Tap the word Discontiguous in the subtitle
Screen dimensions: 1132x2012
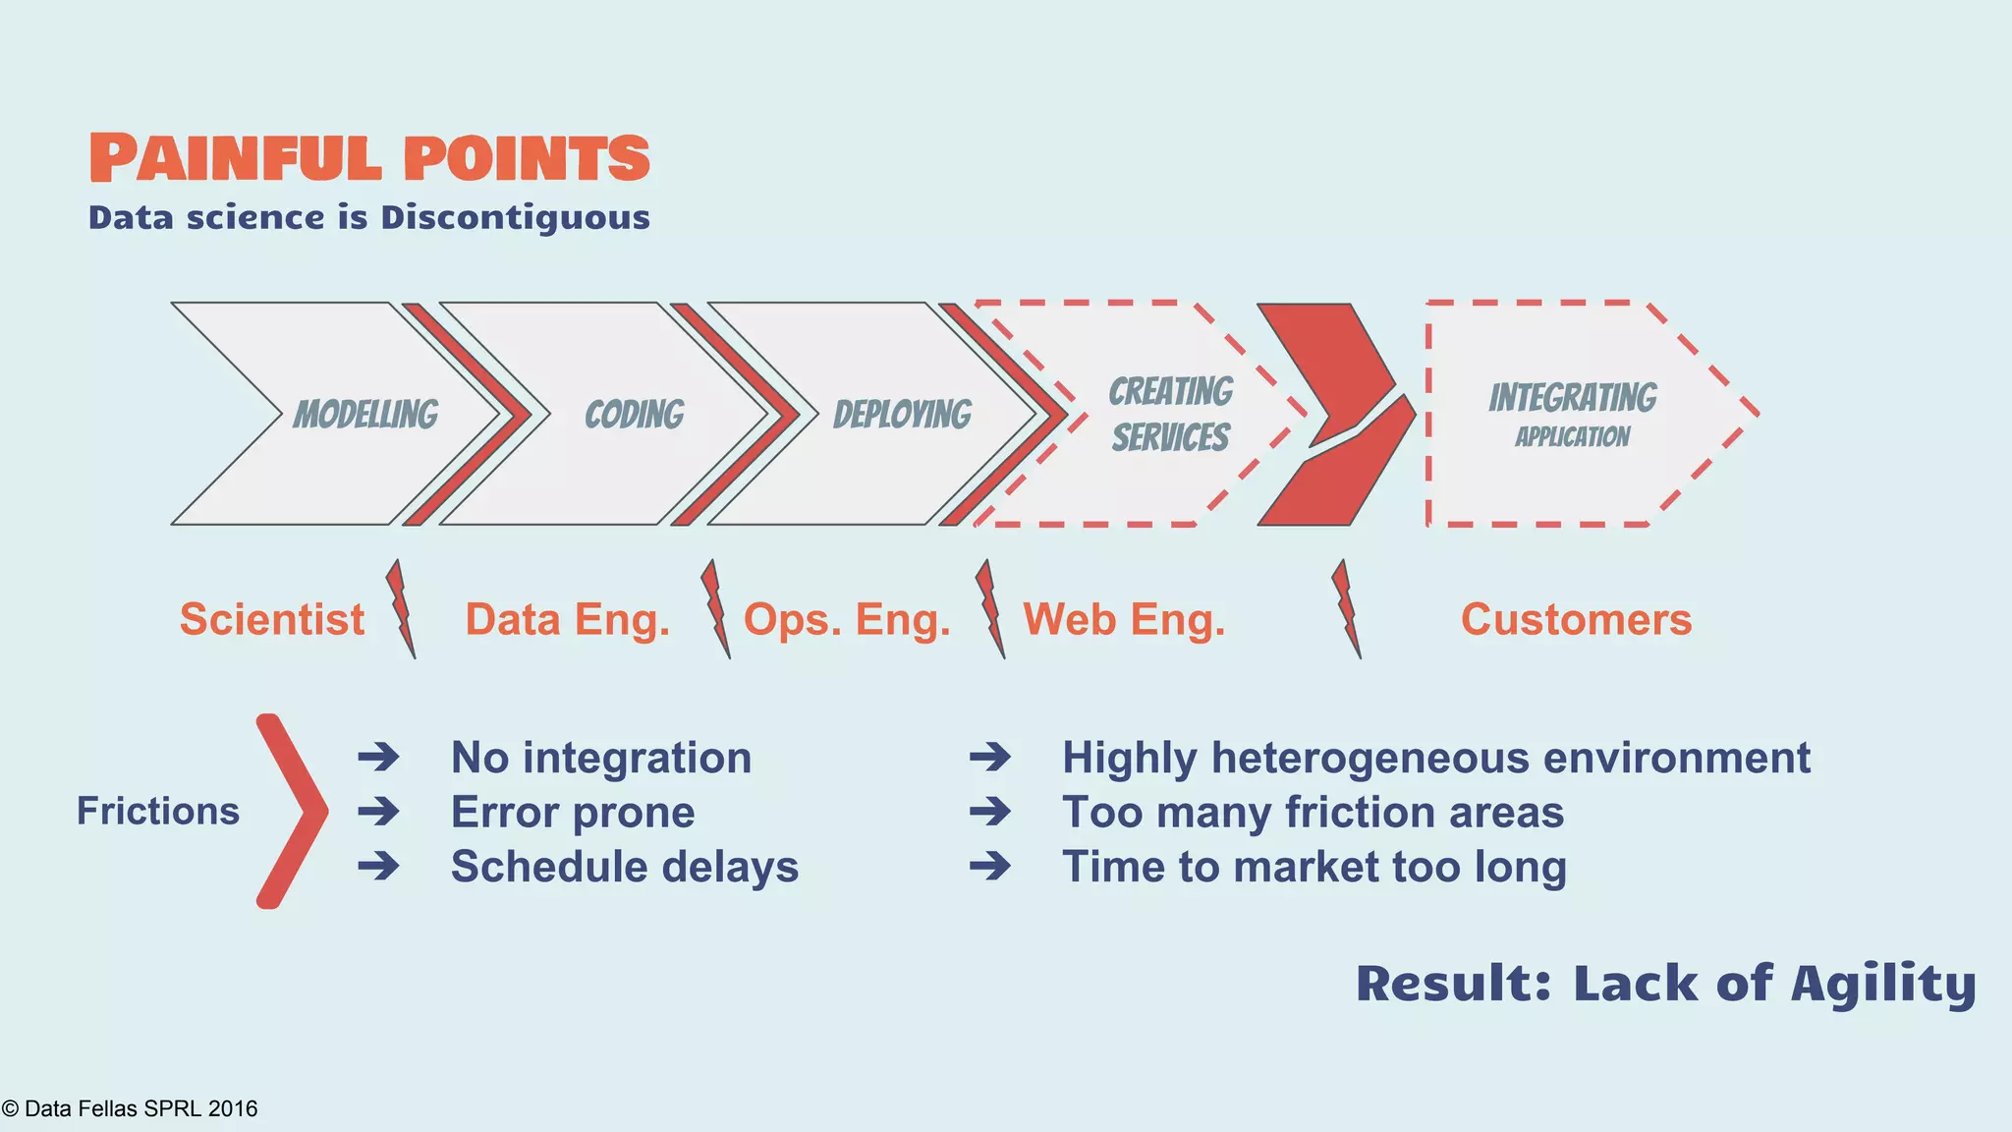tap(515, 217)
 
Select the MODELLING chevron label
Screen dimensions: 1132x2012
tap(365, 415)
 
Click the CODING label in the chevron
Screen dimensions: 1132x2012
tap(634, 415)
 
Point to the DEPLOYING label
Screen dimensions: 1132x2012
tap(902, 415)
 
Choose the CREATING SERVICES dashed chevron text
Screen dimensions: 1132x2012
tap(1170, 414)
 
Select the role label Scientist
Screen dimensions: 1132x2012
tap(271, 619)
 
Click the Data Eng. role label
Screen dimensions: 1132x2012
tap(567, 619)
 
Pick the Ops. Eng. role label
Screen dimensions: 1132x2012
tap(847, 619)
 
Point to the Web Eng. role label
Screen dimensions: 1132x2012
tap(1124, 619)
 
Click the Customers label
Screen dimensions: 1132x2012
tap(1576, 619)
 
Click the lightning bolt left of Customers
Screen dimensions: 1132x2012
tap(1346, 609)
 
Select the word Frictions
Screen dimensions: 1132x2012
tap(158, 811)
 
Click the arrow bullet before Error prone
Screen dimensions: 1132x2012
tap(378, 812)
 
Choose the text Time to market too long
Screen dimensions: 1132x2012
tap(1313, 867)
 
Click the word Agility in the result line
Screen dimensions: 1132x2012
tap(1882, 984)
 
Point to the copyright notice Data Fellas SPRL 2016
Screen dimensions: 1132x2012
tap(130, 1108)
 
